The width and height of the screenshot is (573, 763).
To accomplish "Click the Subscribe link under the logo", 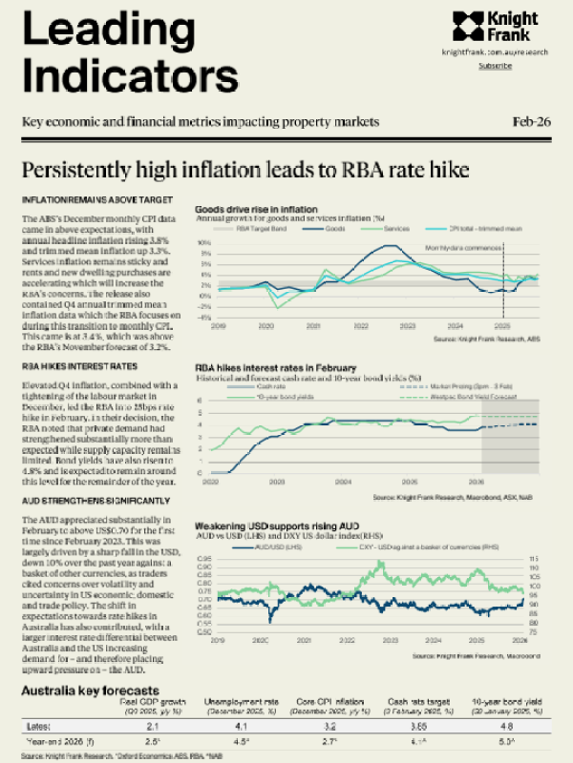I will (x=495, y=66).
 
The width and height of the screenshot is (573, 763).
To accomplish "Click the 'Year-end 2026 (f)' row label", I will (x=51, y=741).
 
